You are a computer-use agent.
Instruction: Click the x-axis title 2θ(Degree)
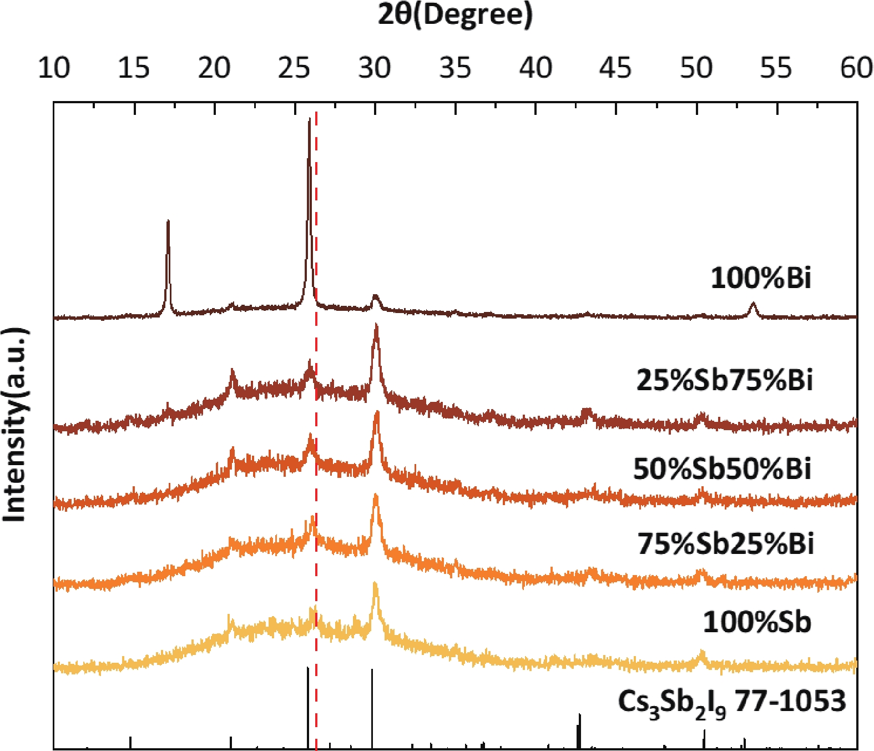point(455,14)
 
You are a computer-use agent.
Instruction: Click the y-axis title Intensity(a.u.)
point(16,425)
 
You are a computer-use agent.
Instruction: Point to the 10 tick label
point(54,68)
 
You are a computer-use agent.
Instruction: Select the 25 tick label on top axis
point(294,68)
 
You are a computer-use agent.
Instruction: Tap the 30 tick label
point(375,68)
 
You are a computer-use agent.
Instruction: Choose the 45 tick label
point(615,68)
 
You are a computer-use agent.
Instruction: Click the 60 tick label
point(856,68)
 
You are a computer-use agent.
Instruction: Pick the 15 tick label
point(134,68)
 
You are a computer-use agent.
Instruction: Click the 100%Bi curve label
point(761,278)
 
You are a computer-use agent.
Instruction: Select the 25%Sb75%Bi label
point(724,381)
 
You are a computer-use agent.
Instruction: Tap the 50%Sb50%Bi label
point(722,468)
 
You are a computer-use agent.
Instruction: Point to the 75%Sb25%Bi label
point(725,543)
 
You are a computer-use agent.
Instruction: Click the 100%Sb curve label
point(757,622)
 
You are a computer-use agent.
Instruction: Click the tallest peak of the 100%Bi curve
point(309,120)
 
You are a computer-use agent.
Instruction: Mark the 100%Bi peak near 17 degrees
point(168,222)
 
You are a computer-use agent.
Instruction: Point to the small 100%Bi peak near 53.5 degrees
point(753,304)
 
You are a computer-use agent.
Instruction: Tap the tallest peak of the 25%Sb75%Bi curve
point(376,327)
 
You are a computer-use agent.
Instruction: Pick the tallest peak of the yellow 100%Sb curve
point(375,584)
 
